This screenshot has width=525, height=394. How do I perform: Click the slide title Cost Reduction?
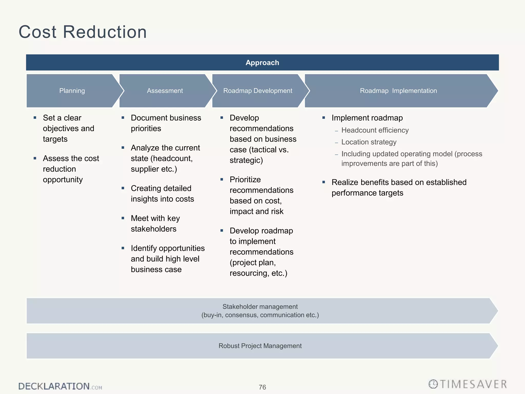tap(83, 32)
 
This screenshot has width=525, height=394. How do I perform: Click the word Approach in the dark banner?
tap(262, 63)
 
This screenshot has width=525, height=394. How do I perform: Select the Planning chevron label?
tap(72, 91)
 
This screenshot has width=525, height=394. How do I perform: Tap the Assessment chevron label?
tap(165, 91)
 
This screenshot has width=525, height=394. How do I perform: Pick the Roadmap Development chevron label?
tap(258, 91)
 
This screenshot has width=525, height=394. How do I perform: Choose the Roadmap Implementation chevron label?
tap(398, 91)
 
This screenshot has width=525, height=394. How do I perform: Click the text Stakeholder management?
tap(260, 307)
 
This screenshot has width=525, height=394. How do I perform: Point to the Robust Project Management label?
tap(260, 346)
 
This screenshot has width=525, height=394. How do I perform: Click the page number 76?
tap(262, 387)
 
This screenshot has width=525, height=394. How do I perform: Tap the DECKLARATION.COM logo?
tap(60, 386)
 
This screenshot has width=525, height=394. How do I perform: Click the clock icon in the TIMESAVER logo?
tap(433, 384)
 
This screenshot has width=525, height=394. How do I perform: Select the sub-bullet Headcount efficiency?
tap(375, 130)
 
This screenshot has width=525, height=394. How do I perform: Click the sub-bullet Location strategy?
tap(369, 142)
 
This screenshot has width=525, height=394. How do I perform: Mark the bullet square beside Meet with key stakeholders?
tap(123, 218)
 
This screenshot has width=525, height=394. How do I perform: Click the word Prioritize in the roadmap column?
tap(245, 180)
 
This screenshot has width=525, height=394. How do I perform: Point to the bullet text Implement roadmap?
tap(367, 118)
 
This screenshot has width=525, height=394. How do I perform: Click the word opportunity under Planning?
tap(63, 180)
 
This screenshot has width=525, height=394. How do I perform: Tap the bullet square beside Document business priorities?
tap(123, 118)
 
